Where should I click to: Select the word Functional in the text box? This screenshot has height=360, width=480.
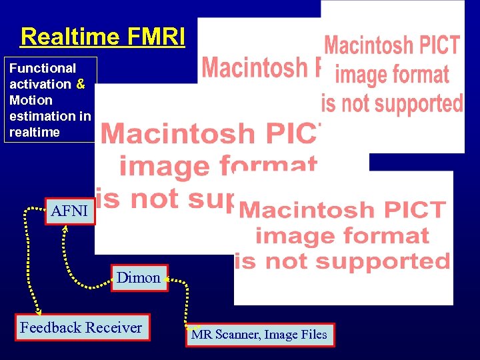point(43,68)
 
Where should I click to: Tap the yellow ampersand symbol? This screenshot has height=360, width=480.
point(81,84)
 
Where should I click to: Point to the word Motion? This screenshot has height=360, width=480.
point(31,100)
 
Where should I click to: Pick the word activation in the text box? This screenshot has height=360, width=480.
point(40,84)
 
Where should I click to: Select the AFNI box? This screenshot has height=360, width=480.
point(69,211)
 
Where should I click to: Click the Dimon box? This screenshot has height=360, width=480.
point(138,278)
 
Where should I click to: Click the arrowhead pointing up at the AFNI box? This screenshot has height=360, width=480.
point(65,229)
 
